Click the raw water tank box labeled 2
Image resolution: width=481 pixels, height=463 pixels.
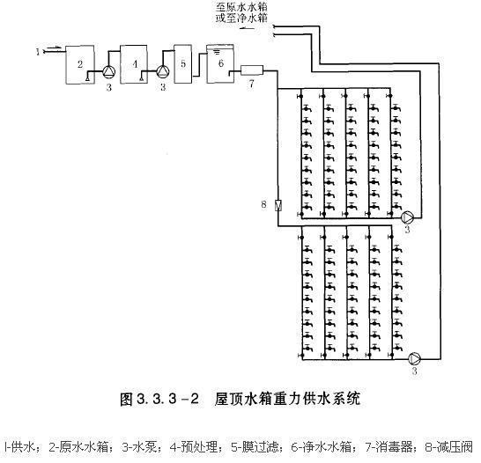(x=80, y=64)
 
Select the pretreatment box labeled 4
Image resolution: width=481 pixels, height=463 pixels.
(x=133, y=64)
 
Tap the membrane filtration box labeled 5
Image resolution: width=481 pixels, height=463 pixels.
(x=183, y=63)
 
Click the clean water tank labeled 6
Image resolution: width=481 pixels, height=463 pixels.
(x=220, y=63)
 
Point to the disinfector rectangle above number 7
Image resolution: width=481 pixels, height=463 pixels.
(x=252, y=70)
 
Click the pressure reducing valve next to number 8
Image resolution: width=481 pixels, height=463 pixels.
(x=277, y=205)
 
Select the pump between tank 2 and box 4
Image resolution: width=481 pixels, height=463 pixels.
(x=108, y=71)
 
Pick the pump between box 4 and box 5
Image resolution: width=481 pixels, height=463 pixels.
(x=163, y=70)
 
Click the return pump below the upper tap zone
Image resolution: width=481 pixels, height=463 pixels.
(x=407, y=217)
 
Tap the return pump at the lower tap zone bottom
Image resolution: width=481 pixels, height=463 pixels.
(x=414, y=358)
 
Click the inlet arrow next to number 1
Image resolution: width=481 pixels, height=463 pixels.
(x=55, y=48)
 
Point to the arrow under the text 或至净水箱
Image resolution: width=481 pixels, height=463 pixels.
(x=248, y=29)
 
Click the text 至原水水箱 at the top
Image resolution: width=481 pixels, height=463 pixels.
(x=241, y=7)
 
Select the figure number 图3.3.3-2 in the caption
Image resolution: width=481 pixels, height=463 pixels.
(x=159, y=400)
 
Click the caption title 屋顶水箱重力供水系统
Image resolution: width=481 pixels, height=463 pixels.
(x=287, y=400)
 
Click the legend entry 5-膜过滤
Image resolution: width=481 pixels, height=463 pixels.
(x=255, y=447)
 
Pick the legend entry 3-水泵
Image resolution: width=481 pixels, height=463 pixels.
(x=140, y=447)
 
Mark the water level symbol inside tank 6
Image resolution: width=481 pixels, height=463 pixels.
(x=217, y=51)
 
